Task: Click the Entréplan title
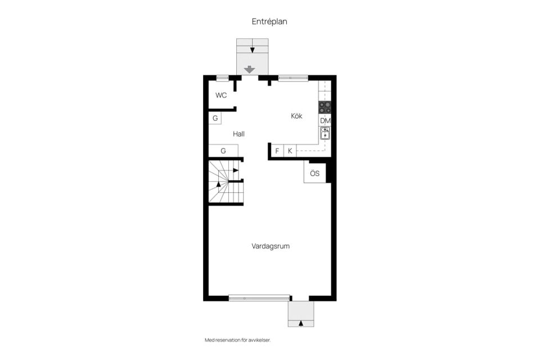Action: pyautogui.click(x=269, y=22)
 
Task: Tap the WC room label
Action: pyautogui.click(x=221, y=95)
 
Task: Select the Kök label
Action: pyautogui.click(x=296, y=116)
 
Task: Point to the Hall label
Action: pyautogui.click(x=238, y=134)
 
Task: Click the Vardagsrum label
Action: pyautogui.click(x=271, y=246)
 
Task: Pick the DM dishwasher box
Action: pyautogui.click(x=325, y=120)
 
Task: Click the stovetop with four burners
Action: pyautogui.click(x=325, y=107)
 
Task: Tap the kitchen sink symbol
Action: pyautogui.click(x=325, y=133)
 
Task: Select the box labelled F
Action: pyautogui.click(x=277, y=151)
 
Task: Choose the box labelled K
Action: pyautogui.click(x=290, y=151)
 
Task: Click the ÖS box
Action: pyautogui.click(x=315, y=173)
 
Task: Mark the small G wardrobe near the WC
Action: pyautogui.click(x=215, y=118)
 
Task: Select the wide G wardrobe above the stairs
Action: pyautogui.click(x=223, y=151)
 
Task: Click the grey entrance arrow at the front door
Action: pyautogui.click(x=250, y=70)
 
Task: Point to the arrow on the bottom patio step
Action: pyautogui.click(x=301, y=323)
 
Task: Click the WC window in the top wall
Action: pyautogui.click(x=223, y=78)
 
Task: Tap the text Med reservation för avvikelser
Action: pyautogui.click(x=238, y=340)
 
